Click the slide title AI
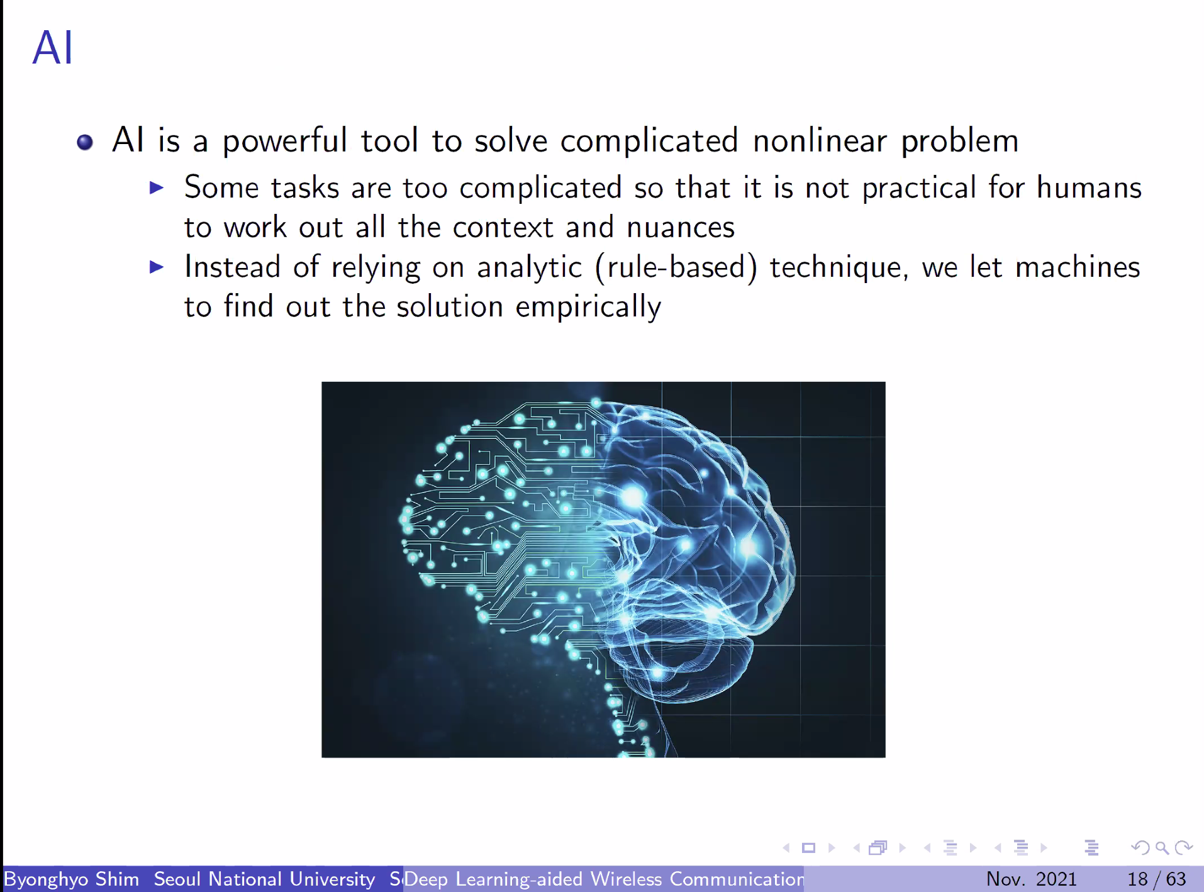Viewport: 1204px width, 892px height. coord(53,48)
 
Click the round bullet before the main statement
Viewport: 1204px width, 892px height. coord(85,142)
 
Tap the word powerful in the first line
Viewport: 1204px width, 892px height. coord(284,141)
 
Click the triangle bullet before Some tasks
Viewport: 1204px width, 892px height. coord(157,187)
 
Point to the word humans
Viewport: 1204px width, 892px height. coord(1089,187)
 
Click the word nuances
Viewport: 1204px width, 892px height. coord(681,227)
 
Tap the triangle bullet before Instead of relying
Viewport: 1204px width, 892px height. coord(157,267)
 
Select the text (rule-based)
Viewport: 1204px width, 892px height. coord(676,267)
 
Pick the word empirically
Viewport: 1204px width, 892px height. coord(588,307)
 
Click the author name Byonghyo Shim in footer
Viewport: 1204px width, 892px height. coord(72,879)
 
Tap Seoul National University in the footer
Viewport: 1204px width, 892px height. coord(264,879)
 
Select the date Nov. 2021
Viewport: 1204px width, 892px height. coord(1032,879)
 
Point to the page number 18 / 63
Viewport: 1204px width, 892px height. coord(1156,879)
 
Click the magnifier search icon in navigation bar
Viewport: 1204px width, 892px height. coord(1162,848)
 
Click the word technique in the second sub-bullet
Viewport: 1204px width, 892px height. coord(839,267)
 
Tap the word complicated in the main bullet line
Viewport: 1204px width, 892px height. coord(649,141)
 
